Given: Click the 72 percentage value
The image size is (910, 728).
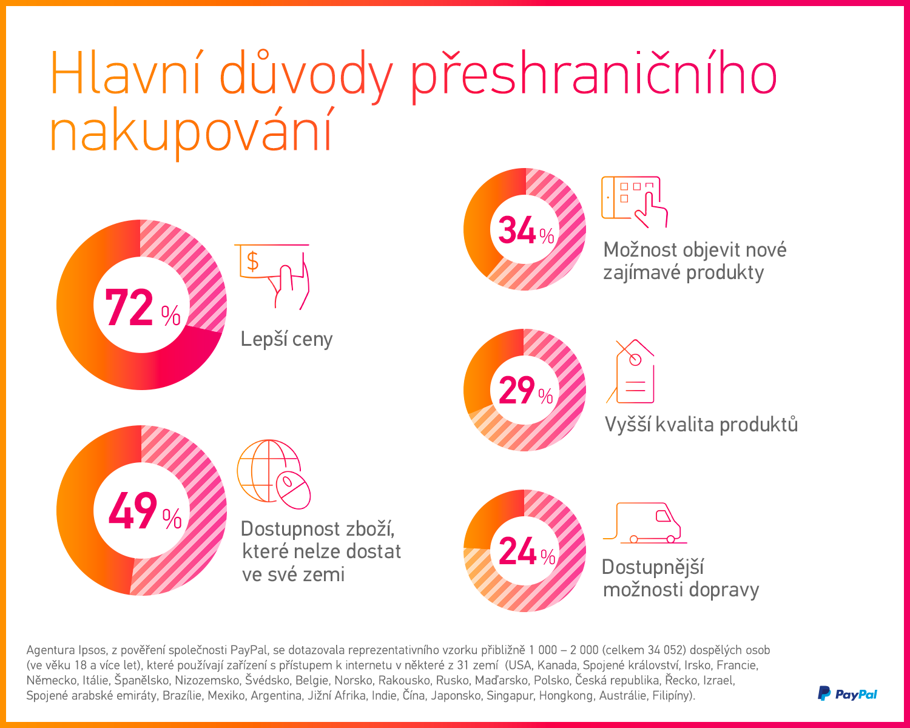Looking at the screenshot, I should point(129,308).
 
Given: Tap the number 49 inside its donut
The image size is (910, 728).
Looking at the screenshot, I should point(132,511).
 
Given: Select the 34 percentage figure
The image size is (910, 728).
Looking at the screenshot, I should point(517,231).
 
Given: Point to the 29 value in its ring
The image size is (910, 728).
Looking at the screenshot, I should point(517,390).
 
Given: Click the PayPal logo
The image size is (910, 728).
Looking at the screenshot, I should point(848,693).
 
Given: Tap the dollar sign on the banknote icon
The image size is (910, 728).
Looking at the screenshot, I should point(253,261).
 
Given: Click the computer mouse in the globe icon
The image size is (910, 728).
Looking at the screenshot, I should point(293,489).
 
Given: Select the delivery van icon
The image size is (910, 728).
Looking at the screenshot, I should point(647,523).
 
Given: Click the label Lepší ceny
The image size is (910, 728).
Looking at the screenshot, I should point(286,339).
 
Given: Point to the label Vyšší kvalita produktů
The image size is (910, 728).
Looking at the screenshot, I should point(701,425).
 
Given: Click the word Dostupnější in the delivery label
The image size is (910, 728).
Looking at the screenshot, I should point(653,567).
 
